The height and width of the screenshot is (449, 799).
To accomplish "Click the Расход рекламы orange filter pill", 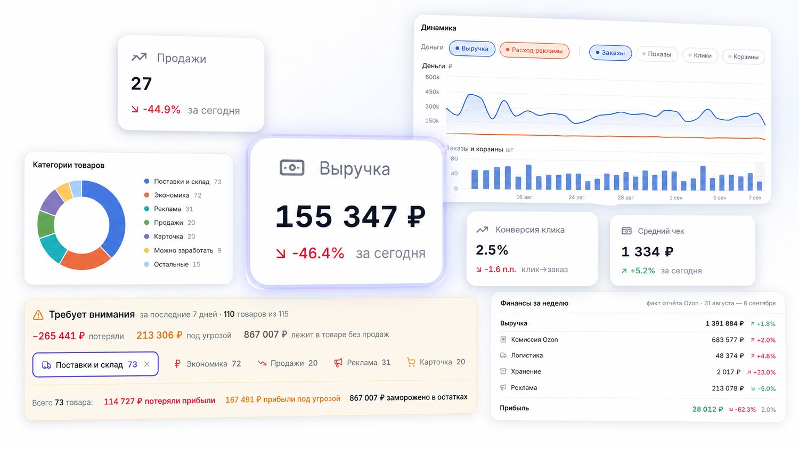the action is (534, 50).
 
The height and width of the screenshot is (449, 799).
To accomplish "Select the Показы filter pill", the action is (657, 54).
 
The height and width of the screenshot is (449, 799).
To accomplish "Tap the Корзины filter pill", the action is (744, 56).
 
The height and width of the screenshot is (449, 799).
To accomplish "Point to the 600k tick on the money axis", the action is (433, 77).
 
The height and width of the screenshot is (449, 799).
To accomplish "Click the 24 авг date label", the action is (576, 197).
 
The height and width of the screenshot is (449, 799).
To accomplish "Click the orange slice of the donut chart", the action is (85, 259).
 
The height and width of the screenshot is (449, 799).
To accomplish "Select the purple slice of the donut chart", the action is (51, 202).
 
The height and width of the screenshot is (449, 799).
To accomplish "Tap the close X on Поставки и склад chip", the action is (146, 364).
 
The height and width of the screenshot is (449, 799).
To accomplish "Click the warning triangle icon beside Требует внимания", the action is (38, 315).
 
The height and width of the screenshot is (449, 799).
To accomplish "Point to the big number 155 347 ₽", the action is (350, 216).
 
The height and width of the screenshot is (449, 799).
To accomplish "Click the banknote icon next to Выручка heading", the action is (292, 168).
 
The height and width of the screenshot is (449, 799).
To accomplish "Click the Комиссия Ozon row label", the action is (534, 339).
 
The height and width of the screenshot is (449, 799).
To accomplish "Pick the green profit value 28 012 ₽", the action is (708, 409).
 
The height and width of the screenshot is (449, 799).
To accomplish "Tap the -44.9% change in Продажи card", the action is (161, 109).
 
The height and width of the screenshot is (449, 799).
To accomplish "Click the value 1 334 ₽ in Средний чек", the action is (647, 252).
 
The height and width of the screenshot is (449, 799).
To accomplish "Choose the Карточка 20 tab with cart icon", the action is (436, 362).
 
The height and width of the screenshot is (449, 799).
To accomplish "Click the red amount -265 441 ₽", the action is (59, 336).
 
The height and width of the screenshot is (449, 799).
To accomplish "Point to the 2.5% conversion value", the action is (492, 250).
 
